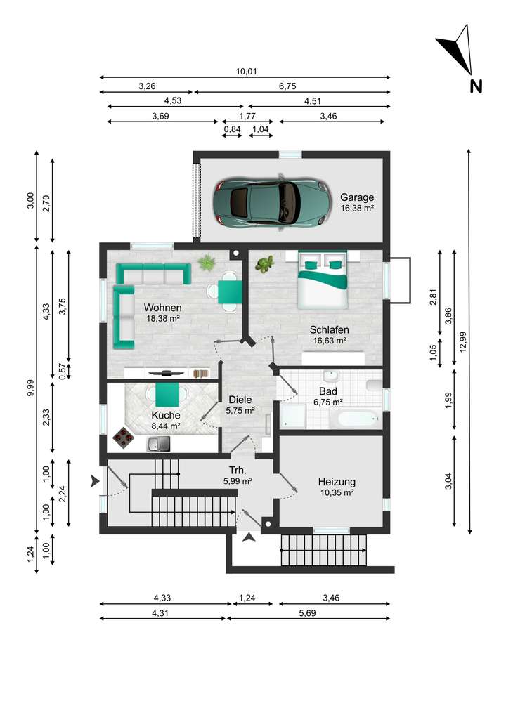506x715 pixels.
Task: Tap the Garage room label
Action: [x=357, y=197]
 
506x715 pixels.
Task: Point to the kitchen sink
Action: [x=158, y=443]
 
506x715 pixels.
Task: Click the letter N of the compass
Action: [x=476, y=86]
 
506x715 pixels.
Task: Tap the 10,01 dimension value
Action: [x=247, y=71]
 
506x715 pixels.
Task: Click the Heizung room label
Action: [x=337, y=482]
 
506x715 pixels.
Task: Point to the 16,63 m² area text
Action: [x=329, y=340]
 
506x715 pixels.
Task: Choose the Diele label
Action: [x=240, y=400]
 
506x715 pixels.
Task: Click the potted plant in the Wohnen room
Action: [x=207, y=263]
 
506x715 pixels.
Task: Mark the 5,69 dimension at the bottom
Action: [x=308, y=613]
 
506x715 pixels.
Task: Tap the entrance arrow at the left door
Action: [x=95, y=480]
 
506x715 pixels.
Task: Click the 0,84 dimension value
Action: [x=232, y=129]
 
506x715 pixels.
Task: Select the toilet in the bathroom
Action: [x=374, y=386]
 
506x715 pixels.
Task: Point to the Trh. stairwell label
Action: [x=238, y=470]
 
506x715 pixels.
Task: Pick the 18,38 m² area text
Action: [x=162, y=318]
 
